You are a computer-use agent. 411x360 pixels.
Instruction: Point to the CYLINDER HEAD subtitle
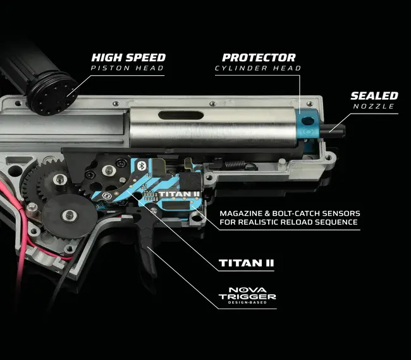pyautogui.click(x=258, y=68)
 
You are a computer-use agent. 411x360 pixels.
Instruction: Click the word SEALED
pyautogui.click(x=374, y=96)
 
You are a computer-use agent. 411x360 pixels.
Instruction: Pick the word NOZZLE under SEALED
pyautogui.click(x=374, y=107)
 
